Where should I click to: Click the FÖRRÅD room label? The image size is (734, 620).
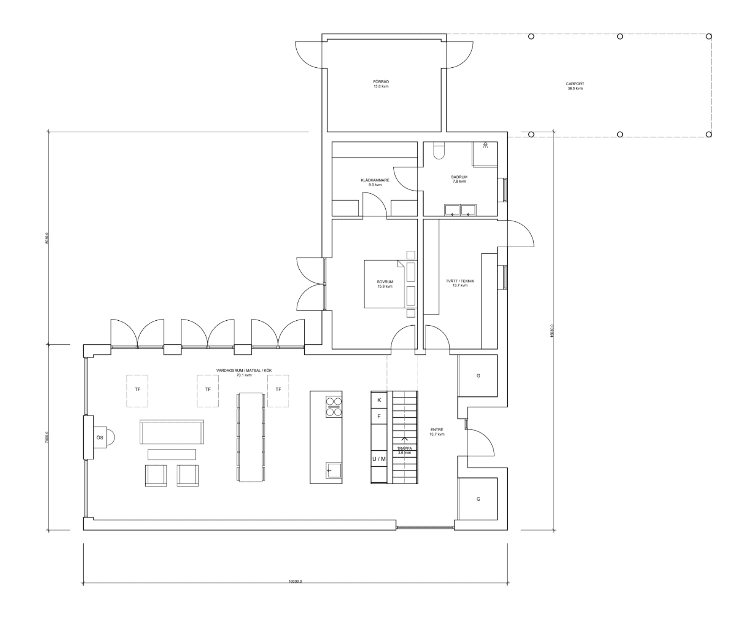pyautogui.click(x=381, y=84)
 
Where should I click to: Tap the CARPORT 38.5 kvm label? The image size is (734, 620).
pyautogui.click(x=575, y=86)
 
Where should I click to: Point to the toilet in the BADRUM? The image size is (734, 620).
pyautogui.click(x=439, y=150)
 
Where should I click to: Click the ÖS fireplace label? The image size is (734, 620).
pyautogui.click(x=100, y=437)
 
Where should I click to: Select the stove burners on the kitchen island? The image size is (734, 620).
pyautogui.click(x=333, y=407)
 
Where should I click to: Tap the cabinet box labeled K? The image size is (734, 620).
pyautogui.click(x=379, y=400)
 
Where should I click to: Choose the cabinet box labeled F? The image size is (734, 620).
pyautogui.click(x=379, y=417)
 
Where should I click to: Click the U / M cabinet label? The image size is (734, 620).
pyautogui.click(x=379, y=459)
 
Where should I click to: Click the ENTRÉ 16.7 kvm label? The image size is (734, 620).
pyautogui.click(x=437, y=432)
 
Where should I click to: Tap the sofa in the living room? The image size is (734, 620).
pyautogui.click(x=172, y=432)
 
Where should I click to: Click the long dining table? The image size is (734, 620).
pyautogui.click(x=251, y=437)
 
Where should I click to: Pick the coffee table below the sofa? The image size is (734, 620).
pyautogui.click(x=172, y=454)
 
